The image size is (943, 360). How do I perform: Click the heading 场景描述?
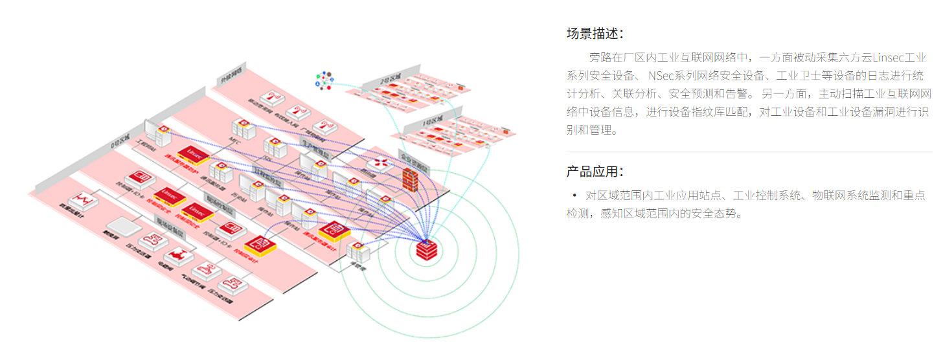[595, 34]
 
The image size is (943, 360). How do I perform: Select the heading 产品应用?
[595, 172]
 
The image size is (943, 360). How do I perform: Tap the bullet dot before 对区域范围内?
[574, 195]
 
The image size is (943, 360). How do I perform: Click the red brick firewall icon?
[410, 178]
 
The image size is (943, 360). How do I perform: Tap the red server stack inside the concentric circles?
[427, 249]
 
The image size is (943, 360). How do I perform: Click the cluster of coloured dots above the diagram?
[324, 80]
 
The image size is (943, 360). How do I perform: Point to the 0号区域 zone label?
[120, 139]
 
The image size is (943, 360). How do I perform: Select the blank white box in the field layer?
[119, 227]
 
